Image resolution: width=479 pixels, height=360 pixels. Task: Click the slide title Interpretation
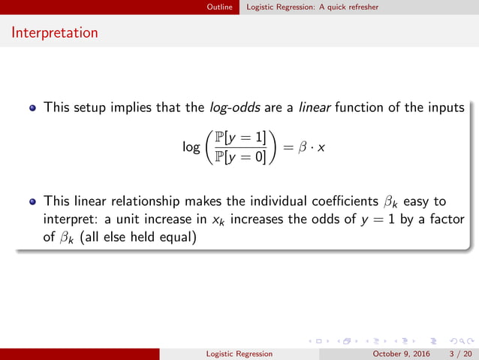[x=55, y=33]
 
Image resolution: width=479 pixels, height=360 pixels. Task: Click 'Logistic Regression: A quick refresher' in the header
[x=312, y=7]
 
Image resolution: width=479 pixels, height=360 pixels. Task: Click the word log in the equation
[x=191, y=147]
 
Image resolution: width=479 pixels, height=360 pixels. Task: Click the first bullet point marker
[x=32, y=108]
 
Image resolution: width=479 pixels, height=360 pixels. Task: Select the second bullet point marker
[x=32, y=202]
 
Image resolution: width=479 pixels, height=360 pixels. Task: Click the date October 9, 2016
[x=398, y=353]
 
